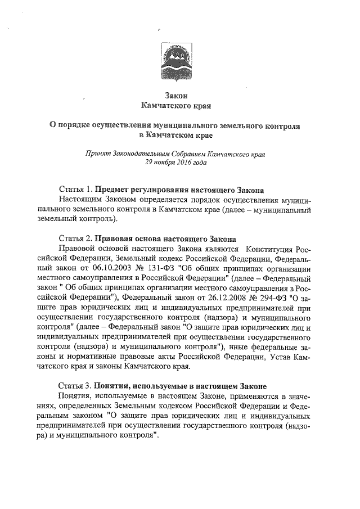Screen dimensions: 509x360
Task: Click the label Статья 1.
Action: (75, 190)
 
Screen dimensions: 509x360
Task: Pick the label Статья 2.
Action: (75, 239)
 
